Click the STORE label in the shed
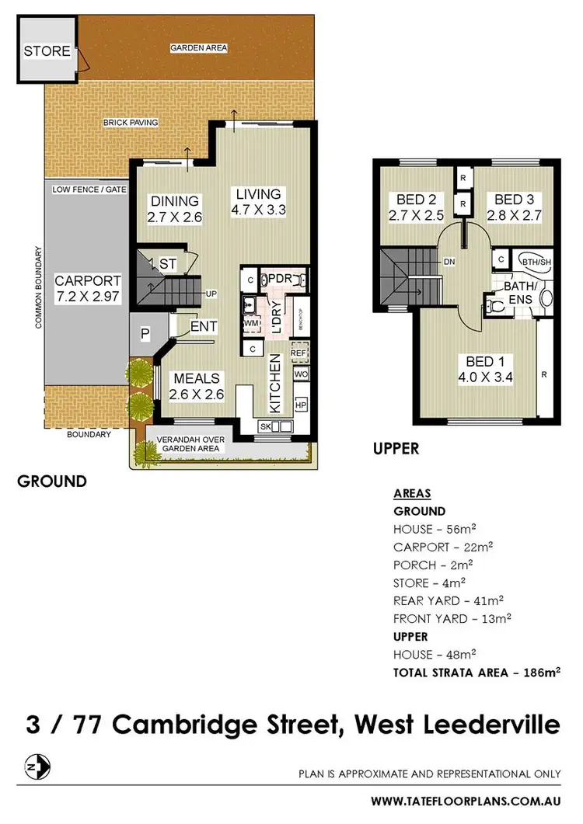point(47,52)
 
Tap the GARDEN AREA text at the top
point(198,48)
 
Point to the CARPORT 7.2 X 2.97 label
point(87,288)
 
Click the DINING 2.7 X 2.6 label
point(175,210)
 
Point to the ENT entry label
point(204,328)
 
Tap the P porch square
point(144,333)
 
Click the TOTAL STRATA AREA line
point(477,672)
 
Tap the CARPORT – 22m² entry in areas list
point(443,547)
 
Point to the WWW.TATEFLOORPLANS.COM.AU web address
point(465,800)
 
